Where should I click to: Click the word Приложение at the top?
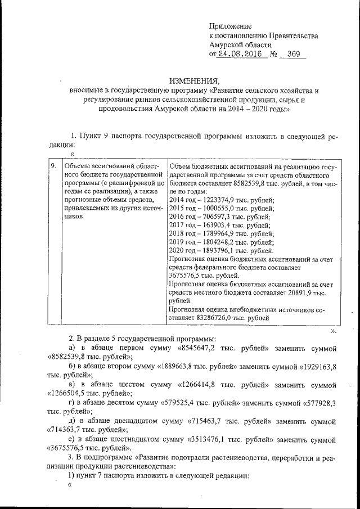pyautogui.click(x=231, y=26)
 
